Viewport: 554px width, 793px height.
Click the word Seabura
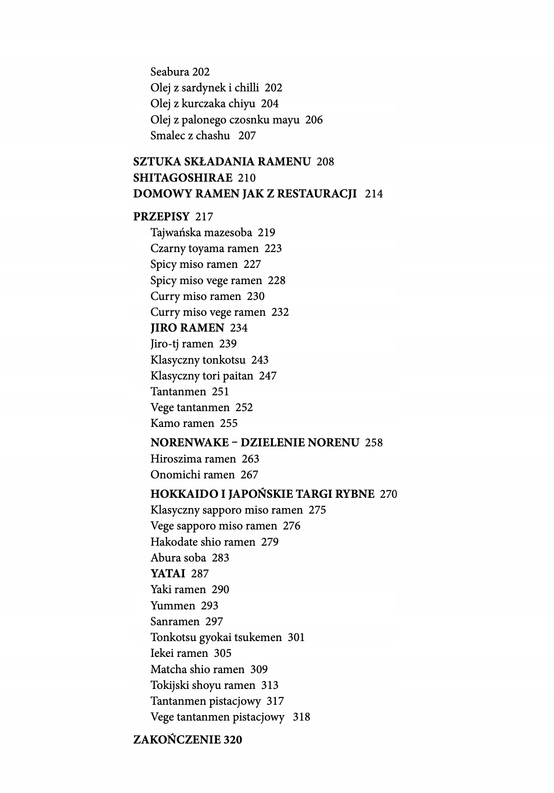click(170, 72)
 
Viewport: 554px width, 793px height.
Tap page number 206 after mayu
click(314, 120)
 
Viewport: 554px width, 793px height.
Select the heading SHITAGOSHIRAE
click(183, 178)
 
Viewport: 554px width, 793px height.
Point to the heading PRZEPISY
click(161, 217)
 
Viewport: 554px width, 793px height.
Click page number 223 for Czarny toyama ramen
click(273, 249)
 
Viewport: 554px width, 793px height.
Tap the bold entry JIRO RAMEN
click(187, 328)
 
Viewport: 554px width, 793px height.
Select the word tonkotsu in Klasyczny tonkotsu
click(224, 360)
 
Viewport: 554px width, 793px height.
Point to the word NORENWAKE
click(190, 442)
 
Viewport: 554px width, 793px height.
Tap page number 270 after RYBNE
click(388, 494)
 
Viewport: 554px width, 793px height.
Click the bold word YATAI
click(168, 573)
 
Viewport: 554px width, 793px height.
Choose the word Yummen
click(173, 605)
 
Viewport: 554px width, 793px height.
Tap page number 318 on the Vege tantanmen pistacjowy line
click(301, 717)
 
